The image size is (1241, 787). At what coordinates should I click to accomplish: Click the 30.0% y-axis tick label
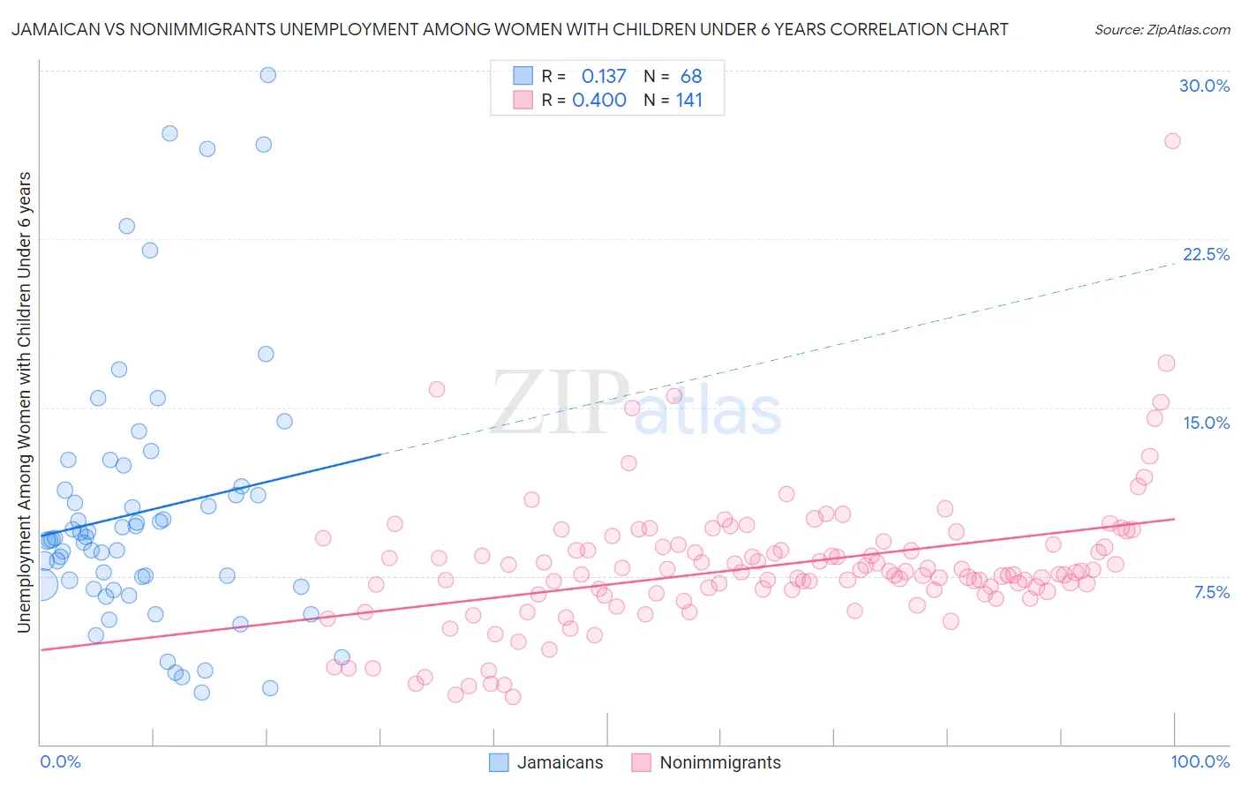click(1204, 86)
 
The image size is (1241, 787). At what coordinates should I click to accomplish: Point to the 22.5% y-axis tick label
click(1205, 254)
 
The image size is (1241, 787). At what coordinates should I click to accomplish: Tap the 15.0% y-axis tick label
click(1206, 423)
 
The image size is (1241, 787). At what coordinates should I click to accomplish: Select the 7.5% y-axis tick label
click(1211, 592)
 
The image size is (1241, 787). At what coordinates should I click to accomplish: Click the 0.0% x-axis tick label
click(60, 761)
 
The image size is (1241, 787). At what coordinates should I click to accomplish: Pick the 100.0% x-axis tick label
click(1200, 761)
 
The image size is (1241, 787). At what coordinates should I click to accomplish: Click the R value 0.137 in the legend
click(604, 77)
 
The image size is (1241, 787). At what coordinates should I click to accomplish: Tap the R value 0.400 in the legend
click(599, 101)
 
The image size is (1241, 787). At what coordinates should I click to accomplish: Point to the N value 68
click(691, 77)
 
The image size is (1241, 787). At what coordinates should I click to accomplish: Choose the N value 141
click(689, 101)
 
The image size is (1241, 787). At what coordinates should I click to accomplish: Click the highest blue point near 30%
click(267, 75)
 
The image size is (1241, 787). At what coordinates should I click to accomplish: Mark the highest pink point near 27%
click(1172, 141)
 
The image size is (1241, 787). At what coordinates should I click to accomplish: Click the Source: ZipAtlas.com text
click(1162, 30)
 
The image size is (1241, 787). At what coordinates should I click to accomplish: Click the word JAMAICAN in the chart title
click(51, 30)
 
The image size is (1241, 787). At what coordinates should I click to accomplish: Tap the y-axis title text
click(24, 402)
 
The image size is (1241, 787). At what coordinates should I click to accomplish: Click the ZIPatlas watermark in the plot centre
click(636, 404)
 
